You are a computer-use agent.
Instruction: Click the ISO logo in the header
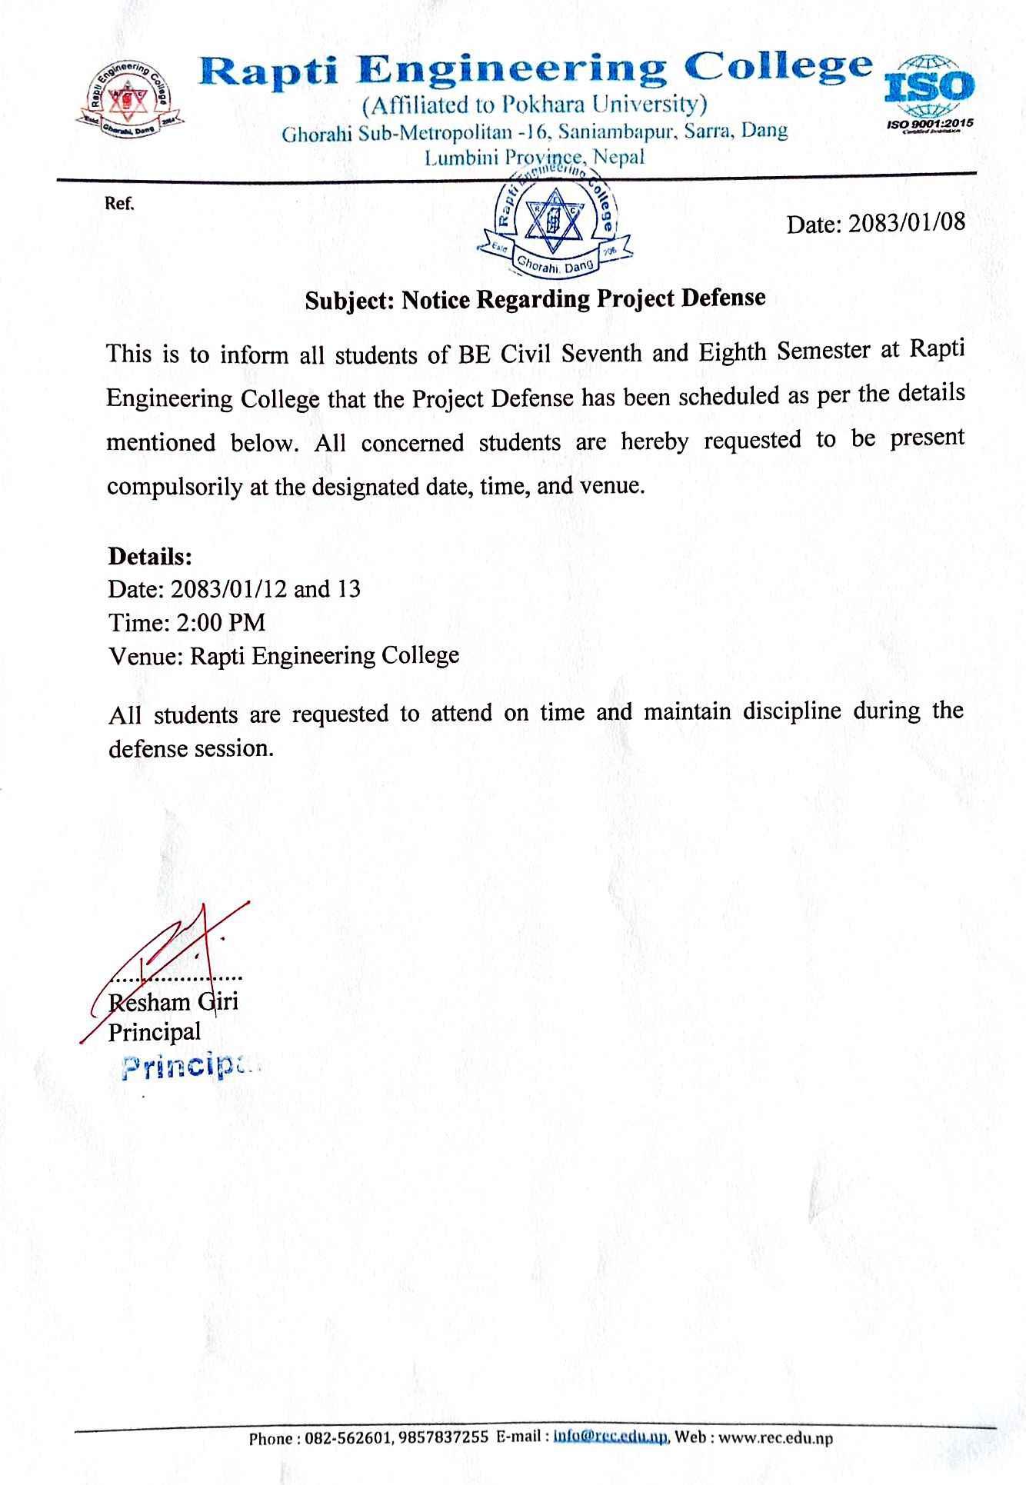pyautogui.click(x=930, y=91)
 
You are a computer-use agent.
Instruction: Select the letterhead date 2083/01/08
pyautogui.click(x=905, y=223)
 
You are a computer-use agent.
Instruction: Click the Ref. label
pyautogui.click(x=119, y=205)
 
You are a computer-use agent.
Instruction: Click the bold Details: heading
pyautogui.click(x=150, y=555)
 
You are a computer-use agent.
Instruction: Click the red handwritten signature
pyautogui.click(x=177, y=954)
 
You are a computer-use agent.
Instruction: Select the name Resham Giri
pyautogui.click(x=174, y=1002)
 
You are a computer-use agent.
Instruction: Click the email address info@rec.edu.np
pyautogui.click(x=611, y=1436)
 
